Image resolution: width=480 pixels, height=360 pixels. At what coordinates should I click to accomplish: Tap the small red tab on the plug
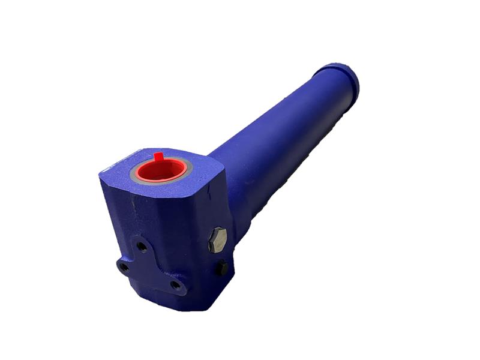(x=158, y=157)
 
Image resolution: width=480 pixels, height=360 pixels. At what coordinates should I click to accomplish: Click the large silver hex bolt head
(x=218, y=240)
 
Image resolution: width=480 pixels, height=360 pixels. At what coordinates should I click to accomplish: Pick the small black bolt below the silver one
(x=221, y=268)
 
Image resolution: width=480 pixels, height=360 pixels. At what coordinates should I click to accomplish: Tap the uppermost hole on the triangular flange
(x=142, y=245)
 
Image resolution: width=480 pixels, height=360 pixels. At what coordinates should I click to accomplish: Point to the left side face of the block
(x=117, y=222)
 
